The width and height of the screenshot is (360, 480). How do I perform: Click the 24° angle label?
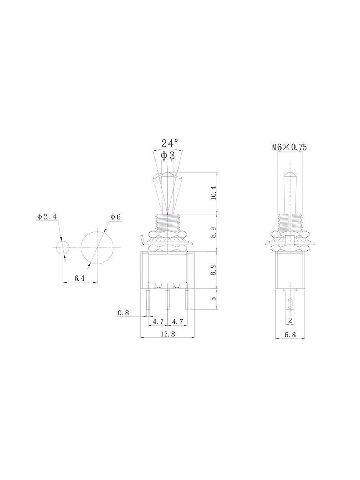click(170, 143)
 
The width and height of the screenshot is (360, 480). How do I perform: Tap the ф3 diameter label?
click(168, 156)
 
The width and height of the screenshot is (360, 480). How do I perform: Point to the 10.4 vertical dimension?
click(213, 193)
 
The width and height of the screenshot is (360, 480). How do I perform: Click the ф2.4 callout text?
click(46, 217)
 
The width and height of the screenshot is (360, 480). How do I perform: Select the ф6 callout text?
click(116, 217)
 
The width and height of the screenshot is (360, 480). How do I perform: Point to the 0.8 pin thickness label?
click(123, 313)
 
